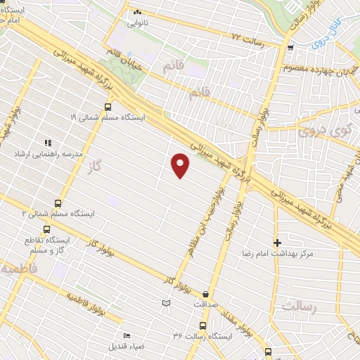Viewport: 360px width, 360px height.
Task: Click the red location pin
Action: pos(181,165)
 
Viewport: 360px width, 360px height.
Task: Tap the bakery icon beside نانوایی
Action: pos(137,12)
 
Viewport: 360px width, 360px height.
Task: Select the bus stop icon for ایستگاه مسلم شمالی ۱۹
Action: pos(108,107)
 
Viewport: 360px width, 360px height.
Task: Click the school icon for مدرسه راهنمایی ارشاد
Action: pos(48,142)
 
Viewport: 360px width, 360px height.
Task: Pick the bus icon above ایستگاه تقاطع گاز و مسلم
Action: pos(46,229)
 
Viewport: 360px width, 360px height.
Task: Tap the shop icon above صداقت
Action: pos(205,295)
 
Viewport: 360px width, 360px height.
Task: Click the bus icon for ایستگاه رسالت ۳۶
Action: pos(202,326)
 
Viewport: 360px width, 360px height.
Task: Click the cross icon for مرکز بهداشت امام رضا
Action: pos(276,241)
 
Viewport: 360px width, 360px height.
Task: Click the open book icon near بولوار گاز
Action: pos(166,303)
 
